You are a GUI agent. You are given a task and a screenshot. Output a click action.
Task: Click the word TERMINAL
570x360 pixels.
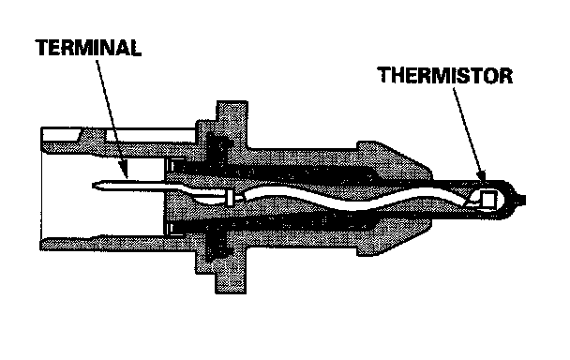(x=88, y=48)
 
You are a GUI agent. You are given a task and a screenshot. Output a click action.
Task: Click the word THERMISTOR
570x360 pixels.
(x=445, y=75)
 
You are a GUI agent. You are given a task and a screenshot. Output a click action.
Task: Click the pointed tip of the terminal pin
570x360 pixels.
(x=94, y=186)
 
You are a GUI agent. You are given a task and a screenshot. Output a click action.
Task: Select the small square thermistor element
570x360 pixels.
(x=487, y=199)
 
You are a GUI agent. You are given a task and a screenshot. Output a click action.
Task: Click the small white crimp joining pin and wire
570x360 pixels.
(x=230, y=198)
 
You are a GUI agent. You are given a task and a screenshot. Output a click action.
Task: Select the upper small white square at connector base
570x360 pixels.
(x=172, y=166)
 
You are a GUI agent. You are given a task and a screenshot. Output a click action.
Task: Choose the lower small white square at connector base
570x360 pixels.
(x=172, y=229)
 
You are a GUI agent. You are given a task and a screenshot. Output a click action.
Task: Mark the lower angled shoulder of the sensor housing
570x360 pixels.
(x=395, y=236)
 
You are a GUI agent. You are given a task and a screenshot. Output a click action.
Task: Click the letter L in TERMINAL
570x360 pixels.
(x=136, y=48)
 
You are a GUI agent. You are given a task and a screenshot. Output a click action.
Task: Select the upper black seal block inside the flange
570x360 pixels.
(x=218, y=147)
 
